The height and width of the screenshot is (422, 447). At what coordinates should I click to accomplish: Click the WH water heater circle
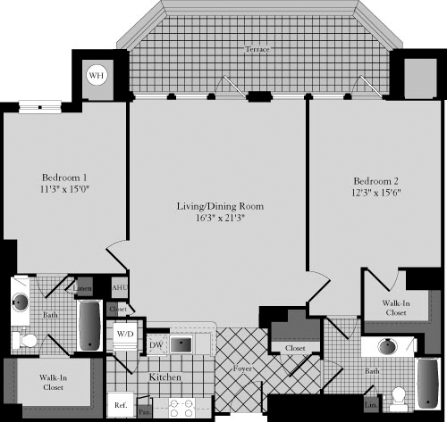pos(96,77)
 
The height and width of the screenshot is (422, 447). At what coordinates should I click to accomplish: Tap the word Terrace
pos(257,50)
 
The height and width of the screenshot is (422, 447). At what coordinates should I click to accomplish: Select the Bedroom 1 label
pos(64,176)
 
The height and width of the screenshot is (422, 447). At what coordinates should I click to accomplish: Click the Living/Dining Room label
pos(219,206)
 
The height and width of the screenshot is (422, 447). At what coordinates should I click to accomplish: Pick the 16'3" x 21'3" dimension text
pos(219,218)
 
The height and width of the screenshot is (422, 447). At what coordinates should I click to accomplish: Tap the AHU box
pos(119,288)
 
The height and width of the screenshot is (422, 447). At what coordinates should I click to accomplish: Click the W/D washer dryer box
pos(124,335)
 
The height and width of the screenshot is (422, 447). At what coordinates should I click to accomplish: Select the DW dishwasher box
pos(156,344)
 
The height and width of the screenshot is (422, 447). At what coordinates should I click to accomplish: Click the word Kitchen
pos(165,378)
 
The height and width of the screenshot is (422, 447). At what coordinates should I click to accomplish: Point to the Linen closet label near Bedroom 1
pos(83,288)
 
